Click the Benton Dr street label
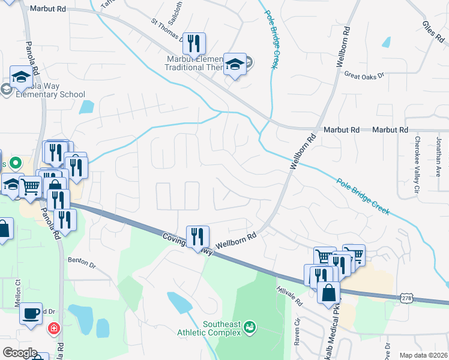coord(82,262)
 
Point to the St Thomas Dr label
coord(167,29)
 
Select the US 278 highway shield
coord(407,297)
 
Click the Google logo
coord(19,353)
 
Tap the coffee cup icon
coord(31,313)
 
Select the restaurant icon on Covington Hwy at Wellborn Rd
coord(197,236)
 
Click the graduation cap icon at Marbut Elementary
coord(235,65)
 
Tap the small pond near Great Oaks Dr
coord(386,42)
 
